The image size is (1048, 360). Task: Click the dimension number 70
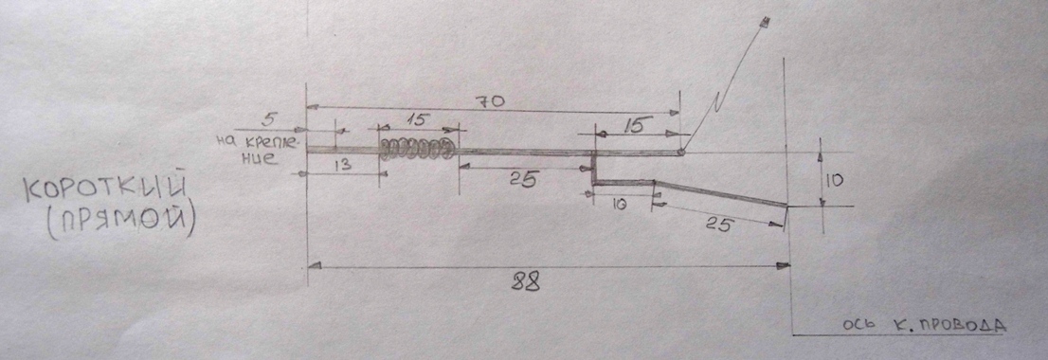click(490, 102)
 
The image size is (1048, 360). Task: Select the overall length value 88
click(526, 282)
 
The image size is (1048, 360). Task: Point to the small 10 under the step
click(618, 206)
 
